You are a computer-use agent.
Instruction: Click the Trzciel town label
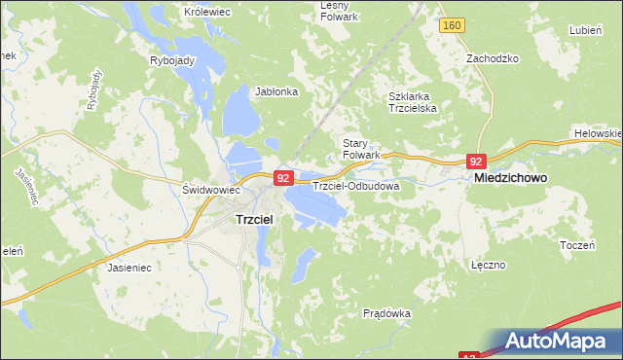point(255,220)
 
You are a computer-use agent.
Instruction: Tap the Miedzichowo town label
point(509,180)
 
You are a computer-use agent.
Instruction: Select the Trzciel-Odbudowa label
point(356,186)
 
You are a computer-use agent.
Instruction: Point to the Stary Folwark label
point(360,149)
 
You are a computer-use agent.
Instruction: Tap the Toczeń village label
point(577,246)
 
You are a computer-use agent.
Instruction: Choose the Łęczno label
point(486,265)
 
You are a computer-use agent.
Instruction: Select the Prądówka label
point(386,313)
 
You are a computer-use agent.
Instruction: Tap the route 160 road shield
point(450,24)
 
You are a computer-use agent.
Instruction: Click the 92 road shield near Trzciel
point(283,178)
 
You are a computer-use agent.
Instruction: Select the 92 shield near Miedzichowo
point(475,162)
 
